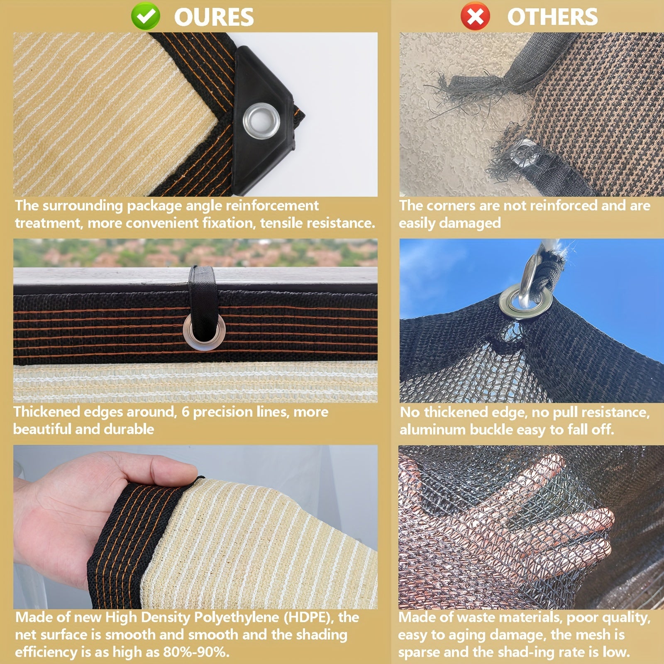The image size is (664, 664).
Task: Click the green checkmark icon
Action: tap(145, 17)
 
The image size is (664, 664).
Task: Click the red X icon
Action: tap(475, 17)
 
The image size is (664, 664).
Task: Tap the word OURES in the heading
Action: tap(214, 17)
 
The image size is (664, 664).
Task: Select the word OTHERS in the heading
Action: tap(552, 17)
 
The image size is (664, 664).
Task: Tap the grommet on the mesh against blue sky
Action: tap(525, 300)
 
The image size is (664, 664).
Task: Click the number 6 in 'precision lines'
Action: tap(185, 412)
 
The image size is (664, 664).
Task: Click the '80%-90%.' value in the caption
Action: tap(196, 652)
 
